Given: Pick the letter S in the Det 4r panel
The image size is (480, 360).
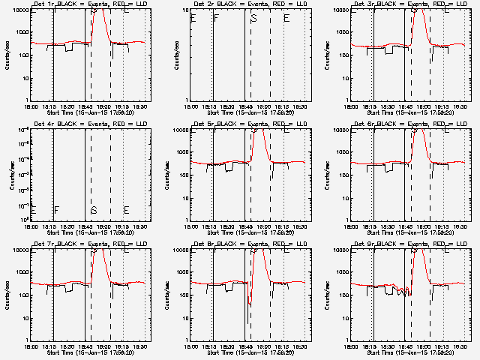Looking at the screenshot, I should coord(94,210).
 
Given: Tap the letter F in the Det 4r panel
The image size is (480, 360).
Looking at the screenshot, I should coord(56,210).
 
